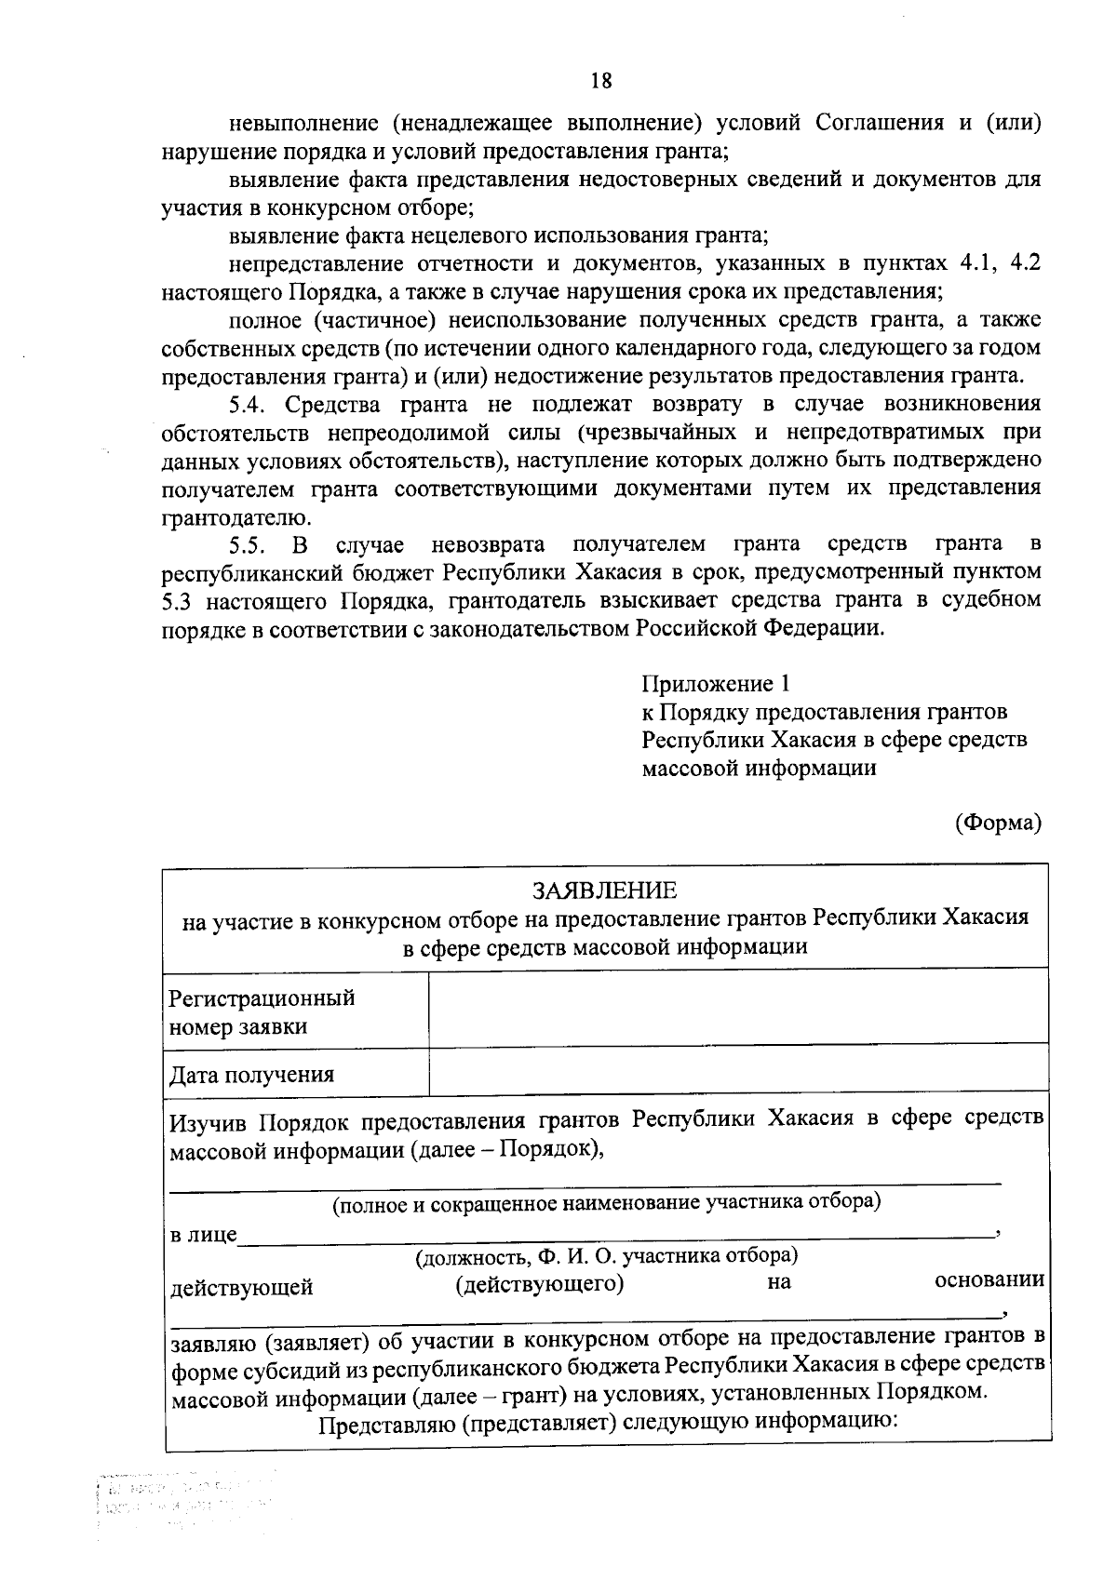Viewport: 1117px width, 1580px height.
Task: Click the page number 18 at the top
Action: point(601,81)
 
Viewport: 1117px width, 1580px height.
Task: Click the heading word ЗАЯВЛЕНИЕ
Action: point(604,890)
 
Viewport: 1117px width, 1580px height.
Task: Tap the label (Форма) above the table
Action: point(998,823)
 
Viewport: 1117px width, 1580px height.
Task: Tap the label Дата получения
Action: point(251,1076)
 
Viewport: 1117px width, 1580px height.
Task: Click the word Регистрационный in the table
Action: point(262,998)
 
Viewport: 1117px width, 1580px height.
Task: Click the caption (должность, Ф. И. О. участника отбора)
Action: point(606,1256)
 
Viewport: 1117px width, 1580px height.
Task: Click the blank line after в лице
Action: point(614,1234)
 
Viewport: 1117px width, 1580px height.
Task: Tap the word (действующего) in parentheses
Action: point(539,1285)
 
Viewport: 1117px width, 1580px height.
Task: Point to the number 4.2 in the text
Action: point(1024,262)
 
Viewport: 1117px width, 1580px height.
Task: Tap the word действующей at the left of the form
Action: point(241,1288)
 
